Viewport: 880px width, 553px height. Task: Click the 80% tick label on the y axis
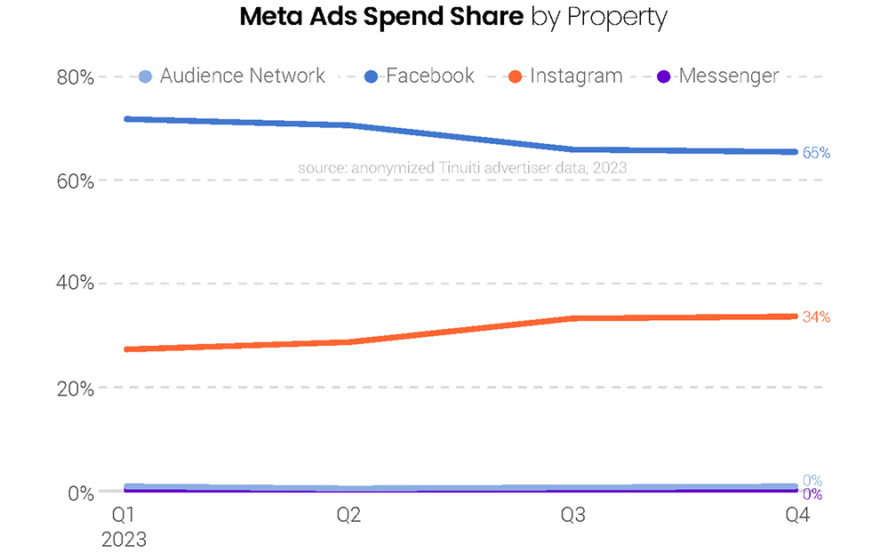76,77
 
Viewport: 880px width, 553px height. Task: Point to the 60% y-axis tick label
76,180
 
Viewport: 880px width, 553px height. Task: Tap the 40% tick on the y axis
76,284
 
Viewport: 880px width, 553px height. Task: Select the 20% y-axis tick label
76,388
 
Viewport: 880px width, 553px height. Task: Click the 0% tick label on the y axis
81,493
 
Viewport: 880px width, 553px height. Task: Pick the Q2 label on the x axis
348,516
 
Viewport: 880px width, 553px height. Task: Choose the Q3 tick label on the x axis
573,516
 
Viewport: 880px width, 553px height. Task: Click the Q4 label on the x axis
797,516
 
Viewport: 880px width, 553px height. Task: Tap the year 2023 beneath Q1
124,539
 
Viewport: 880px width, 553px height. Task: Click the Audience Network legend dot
147,76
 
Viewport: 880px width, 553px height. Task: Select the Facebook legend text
430,76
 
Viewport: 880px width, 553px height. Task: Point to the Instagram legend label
576,76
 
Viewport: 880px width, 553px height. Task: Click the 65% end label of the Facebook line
816,153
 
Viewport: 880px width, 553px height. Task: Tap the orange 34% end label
816,317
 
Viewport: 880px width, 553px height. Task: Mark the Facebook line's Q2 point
348,125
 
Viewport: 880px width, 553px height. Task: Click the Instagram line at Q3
573,318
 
